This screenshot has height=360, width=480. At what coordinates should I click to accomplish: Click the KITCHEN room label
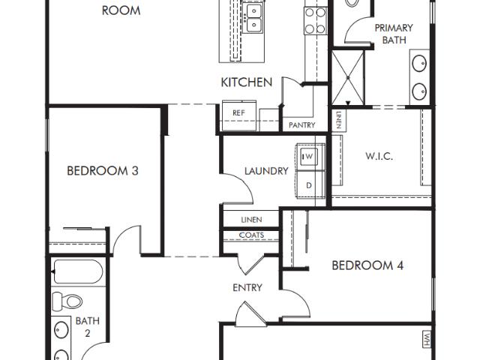point(247,82)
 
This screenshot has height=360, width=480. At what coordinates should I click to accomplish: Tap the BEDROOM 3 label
point(103,170)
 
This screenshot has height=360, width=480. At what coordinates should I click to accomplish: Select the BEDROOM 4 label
point(367,265)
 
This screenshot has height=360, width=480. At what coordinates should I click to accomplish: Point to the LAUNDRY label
point(266,171)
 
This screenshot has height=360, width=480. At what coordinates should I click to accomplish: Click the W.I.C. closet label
point(379,156)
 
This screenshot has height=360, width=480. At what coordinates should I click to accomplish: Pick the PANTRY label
point(301,125)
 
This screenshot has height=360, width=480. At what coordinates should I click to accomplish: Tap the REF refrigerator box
point(239,115)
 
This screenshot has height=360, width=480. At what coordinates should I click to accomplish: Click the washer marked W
point(308,157)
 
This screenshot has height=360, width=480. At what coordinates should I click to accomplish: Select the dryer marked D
point(309,184)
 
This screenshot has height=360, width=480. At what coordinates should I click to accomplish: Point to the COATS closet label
point(251,235)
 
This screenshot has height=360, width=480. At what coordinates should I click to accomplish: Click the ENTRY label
point(247,287)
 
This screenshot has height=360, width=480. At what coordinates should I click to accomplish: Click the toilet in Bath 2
point(67,301)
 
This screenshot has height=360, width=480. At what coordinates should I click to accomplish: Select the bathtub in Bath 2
point(78,271)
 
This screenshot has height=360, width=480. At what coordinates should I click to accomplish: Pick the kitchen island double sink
point(253,18)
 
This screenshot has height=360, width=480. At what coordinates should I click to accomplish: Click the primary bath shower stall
point(348,78)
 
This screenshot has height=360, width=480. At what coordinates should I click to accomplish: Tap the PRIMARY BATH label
point(394,34)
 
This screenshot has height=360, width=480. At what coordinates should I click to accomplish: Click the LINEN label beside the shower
point(339,120)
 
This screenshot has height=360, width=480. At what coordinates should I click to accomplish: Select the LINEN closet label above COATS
point(251,220)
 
